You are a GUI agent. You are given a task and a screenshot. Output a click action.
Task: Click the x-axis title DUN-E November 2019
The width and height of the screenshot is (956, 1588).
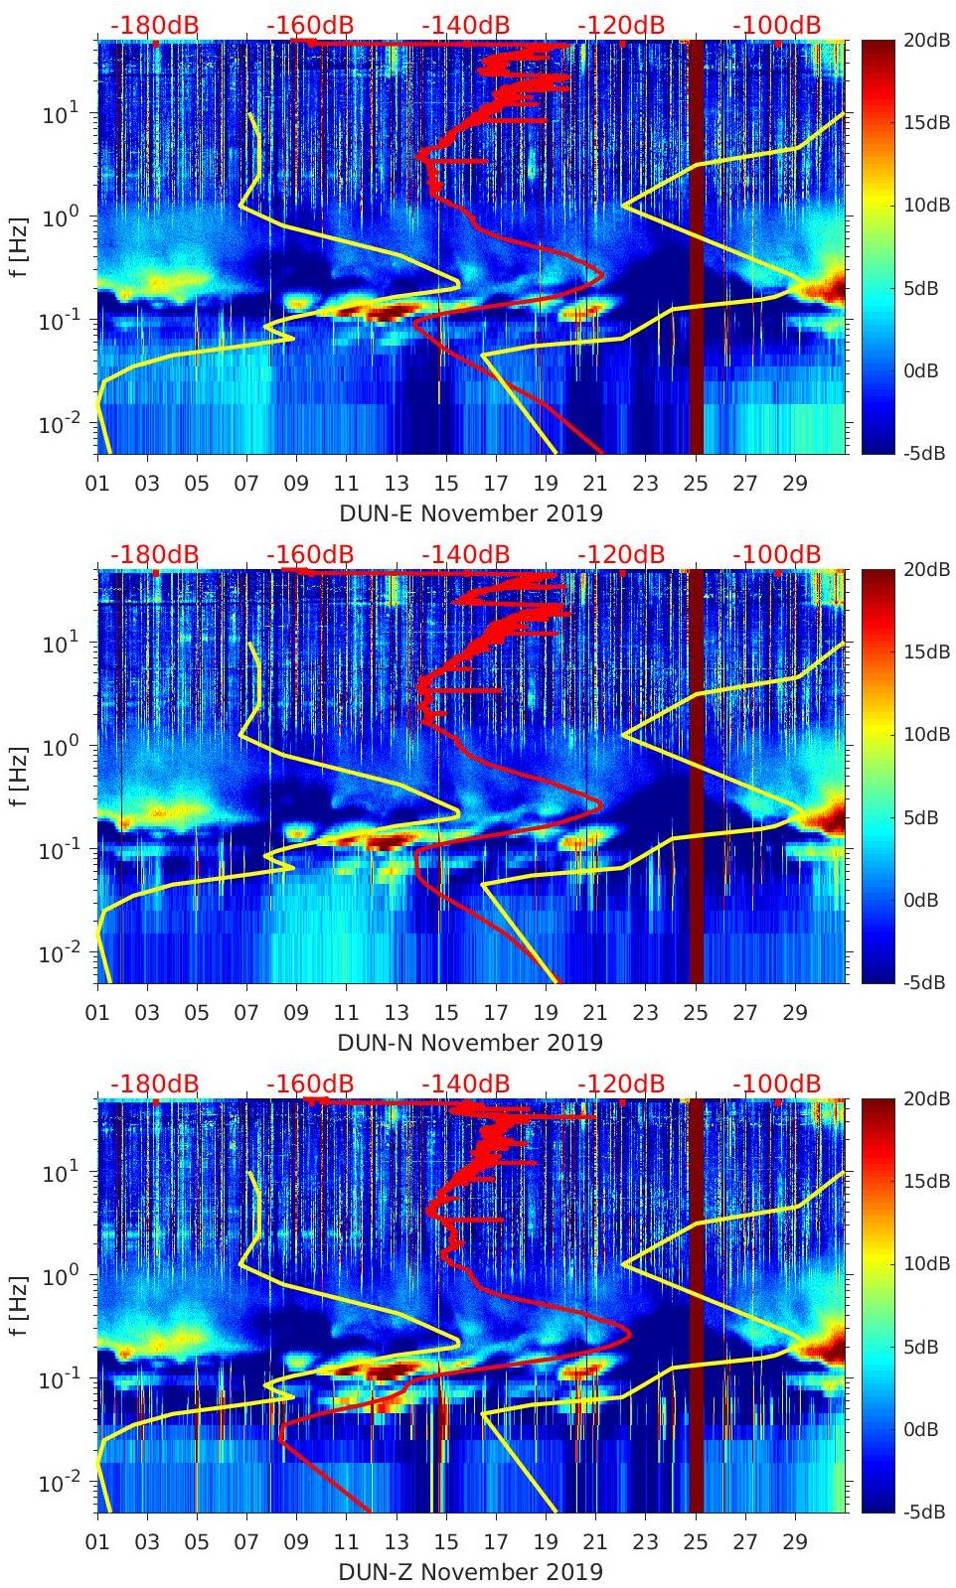coord(471,513)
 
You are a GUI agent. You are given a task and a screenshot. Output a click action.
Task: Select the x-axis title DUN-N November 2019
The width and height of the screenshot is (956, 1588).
coord(471,1043)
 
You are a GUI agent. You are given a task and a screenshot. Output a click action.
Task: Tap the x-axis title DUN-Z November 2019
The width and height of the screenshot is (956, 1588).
coord(471,1572)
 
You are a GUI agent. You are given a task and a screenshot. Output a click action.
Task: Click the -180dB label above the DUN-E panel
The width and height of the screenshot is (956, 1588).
coord(154,25)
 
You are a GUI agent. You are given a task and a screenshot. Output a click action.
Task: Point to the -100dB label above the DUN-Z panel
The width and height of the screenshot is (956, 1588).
coord(777,1083)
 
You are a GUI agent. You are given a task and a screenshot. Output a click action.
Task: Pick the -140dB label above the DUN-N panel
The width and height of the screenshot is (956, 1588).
coord(465,554)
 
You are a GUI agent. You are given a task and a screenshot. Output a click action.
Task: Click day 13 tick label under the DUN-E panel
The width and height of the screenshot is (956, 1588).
coord(396,484)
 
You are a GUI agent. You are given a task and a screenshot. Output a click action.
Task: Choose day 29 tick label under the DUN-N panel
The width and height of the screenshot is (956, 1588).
coord(794,1013)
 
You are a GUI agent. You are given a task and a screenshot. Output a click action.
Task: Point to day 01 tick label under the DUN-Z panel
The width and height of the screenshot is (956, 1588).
coord(97,1542)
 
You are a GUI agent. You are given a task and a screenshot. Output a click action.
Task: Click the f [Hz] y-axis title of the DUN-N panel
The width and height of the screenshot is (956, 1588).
coord(21,776)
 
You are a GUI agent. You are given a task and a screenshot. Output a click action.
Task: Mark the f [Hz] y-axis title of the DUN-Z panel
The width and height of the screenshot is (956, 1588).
coord(21,1305)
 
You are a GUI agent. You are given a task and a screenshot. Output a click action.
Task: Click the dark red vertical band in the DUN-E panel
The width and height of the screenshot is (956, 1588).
coord(696,248)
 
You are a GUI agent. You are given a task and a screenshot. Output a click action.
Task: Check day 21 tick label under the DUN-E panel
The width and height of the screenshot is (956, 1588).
coord(594,484)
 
